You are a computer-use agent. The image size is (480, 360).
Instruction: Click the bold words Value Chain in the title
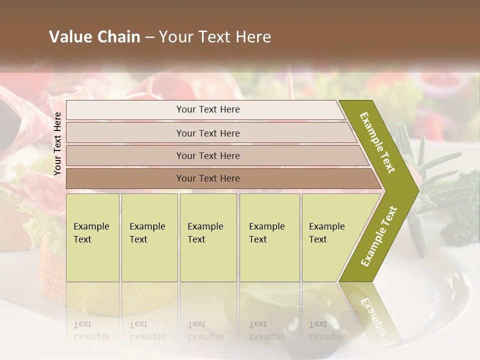click(94, 37)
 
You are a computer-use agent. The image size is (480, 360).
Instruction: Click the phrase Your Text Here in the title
click(215, 37)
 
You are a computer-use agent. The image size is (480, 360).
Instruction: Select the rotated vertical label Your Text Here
click(57, 143)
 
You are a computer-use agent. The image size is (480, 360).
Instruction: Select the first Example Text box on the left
click(92, 237)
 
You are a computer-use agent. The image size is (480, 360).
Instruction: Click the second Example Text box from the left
click(149, 237)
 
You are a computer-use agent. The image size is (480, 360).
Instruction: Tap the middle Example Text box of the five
click(208, 237)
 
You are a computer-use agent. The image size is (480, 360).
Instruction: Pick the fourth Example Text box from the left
click(269, 237)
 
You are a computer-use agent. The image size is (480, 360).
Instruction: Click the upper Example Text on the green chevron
click(377, 142)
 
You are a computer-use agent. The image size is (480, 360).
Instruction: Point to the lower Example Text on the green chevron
click(378, 236)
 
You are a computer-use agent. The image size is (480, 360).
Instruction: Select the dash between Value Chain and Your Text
click(149, 37)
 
